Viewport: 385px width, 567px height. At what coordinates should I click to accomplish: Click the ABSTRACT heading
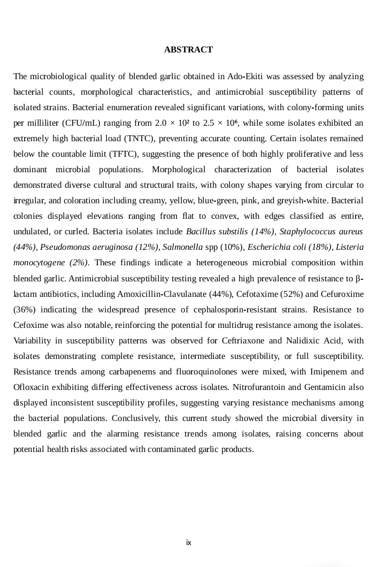pyautogui.click(x=188, y=50)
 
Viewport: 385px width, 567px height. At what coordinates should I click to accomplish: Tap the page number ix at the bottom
pyautogui.click(x=188, y=542)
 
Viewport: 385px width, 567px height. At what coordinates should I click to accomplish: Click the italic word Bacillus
pyautogui.click(x=202, y=232)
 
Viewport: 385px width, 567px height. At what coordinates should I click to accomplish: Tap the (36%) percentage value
pyautogui.click(x=25, y=310)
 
